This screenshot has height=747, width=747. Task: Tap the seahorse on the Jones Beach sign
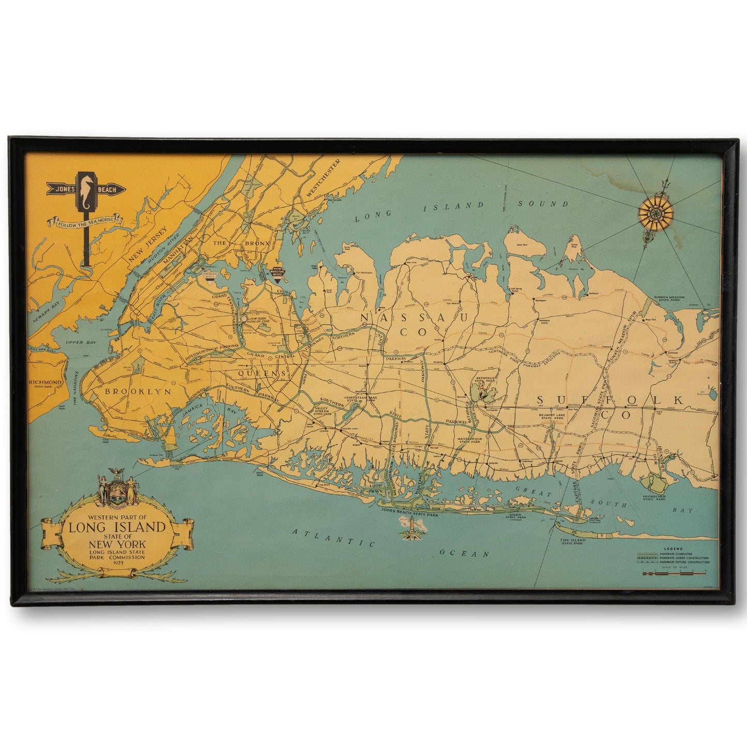(x=86, y=189)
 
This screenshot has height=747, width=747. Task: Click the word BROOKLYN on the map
(x=138, y=392)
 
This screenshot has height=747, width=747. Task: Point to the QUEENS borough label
(x=262, y=373)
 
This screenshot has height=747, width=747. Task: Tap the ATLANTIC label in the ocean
(x=333, y=538)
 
